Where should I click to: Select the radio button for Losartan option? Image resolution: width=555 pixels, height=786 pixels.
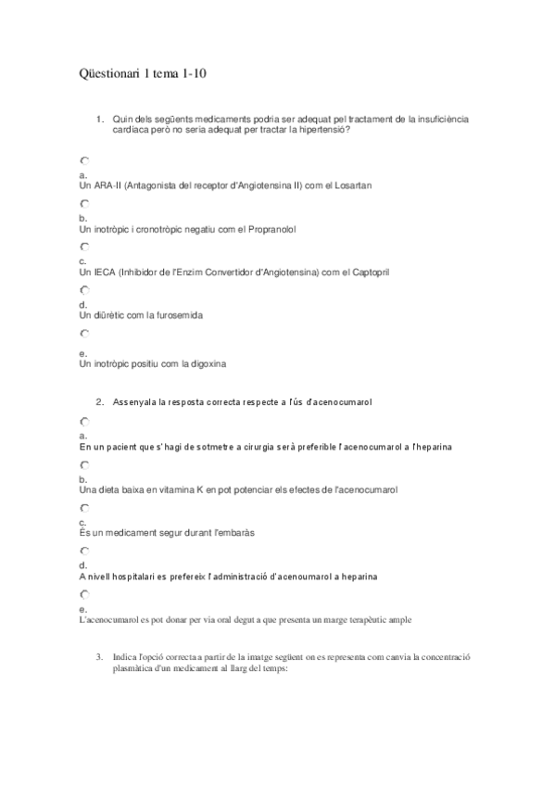coord(84,160)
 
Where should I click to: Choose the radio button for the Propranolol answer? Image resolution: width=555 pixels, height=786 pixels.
coord(84,203)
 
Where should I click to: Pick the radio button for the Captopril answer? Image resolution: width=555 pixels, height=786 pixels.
coord(84,247)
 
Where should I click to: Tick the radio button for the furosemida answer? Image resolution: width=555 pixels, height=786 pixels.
coord(84,290)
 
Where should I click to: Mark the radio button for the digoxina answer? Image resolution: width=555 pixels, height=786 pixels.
coord(84,334)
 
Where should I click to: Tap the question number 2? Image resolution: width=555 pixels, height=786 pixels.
coord(99,401)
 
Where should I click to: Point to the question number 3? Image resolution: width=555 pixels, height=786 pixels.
coord(99,656)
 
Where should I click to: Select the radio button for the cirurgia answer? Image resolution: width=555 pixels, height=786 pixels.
coord(84,422)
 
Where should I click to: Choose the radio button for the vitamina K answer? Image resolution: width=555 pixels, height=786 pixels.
coord(84,464)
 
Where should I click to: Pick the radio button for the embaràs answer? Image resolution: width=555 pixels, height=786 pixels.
coord(84,509)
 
